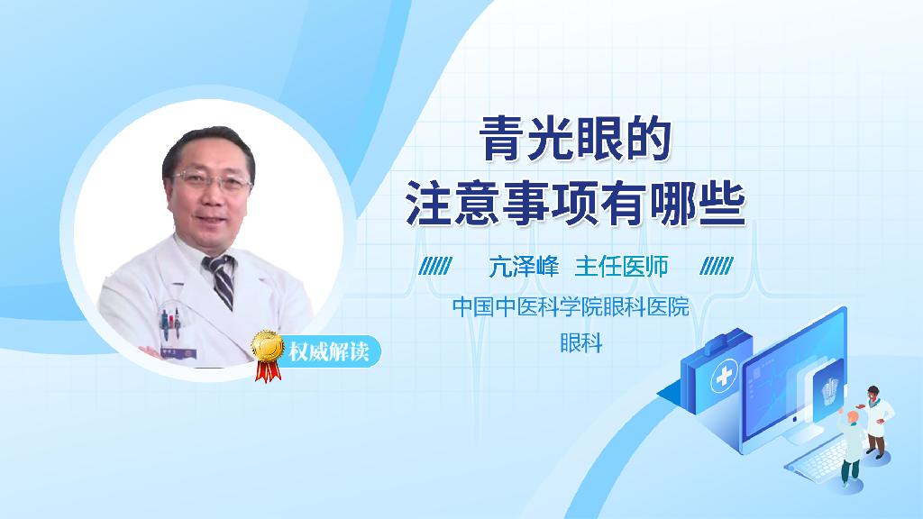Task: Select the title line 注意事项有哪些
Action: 574,202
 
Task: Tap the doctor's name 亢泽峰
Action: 524,267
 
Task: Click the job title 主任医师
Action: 621,267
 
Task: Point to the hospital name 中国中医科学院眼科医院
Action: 570,307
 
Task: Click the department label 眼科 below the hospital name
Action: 580,342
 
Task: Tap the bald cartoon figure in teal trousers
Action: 849,447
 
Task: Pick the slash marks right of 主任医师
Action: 717,268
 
